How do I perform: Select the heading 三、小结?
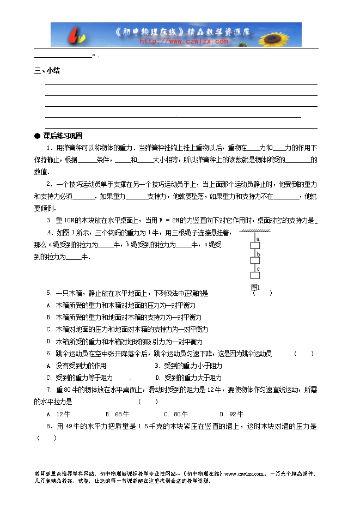pyautogui.click(x=47, y=71)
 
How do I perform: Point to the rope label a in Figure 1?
pyautogui.click(x=257, y=239)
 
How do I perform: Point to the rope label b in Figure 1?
pyautogui.click(x=257, y=254)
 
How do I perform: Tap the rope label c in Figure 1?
pyautogui.click(x=257, y=269)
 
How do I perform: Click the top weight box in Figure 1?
pyautogui.click(x=254, y=246)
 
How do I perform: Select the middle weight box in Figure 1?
pyautogui.click(x=254, y=261)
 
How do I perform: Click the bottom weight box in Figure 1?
pyautogui.click(x=254, y=276)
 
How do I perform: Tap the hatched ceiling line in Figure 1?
pyautogui.click(x=254, y=232)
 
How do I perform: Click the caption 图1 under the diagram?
pyautogui.click(x=254, y=287)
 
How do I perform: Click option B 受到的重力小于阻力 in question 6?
pyautogui.click(x=188, y=366)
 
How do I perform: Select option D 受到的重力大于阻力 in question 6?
pyautogui.click(x=188, y=378)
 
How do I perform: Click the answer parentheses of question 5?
pyautogui.click(x=263, y=293)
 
